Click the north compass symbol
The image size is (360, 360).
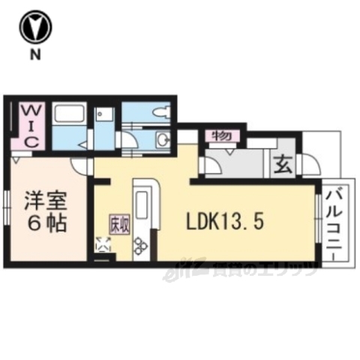pos(34,28)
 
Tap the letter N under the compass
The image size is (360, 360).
pos(34,54)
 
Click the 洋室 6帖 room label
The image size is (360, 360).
pos(47,212)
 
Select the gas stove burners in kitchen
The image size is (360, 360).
pos(141,245)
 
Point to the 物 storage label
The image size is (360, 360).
pos(220,136)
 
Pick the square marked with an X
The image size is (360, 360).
pos(103,244)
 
